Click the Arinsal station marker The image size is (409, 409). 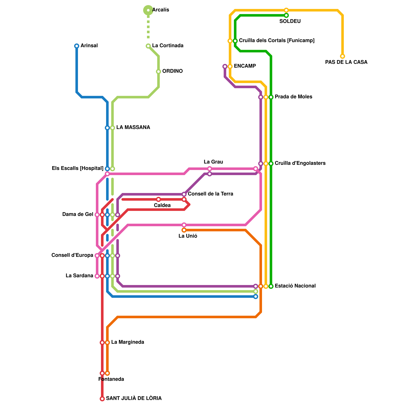(x=77, y=46)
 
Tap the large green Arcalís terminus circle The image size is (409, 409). (x=148, y=10)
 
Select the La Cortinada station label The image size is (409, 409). (x=168, y=46)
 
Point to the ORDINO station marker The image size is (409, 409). (x=158, y=72)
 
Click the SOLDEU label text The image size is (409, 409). (x=290, y=21)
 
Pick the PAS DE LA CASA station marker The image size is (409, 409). (x=343, y=56)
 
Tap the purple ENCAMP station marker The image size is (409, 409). (x=225, y=66)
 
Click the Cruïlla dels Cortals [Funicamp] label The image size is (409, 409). (x=277, y=41)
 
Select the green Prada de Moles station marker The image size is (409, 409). (x=271, y=97)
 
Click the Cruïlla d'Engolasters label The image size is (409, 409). (x=300, y=163)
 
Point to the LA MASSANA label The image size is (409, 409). (x=133, y=128)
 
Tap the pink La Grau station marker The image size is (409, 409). (x=210, y=169)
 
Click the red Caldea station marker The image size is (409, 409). (x=158, y=199)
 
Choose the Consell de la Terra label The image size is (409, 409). (x=210, y=194)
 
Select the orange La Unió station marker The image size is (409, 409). (x=184, y=230)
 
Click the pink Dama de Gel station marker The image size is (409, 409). (x=97, y=215)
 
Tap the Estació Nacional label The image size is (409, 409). (x=295, y=286)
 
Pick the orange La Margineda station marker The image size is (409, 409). (x=107, y=343)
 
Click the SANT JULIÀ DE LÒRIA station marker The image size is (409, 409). (x=102, y=399)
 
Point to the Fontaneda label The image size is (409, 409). (x=111, y=379)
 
